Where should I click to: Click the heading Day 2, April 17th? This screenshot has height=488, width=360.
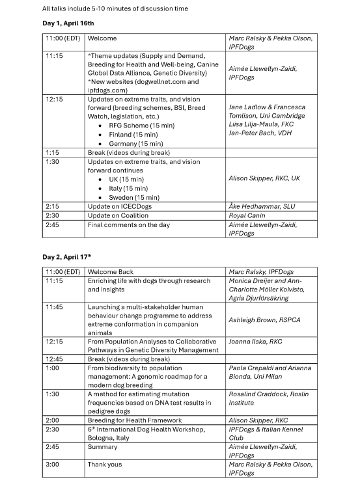point(68,257)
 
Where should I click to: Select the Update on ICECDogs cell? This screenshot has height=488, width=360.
point(121,206)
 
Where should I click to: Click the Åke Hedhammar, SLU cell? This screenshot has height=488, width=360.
point(262,206)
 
